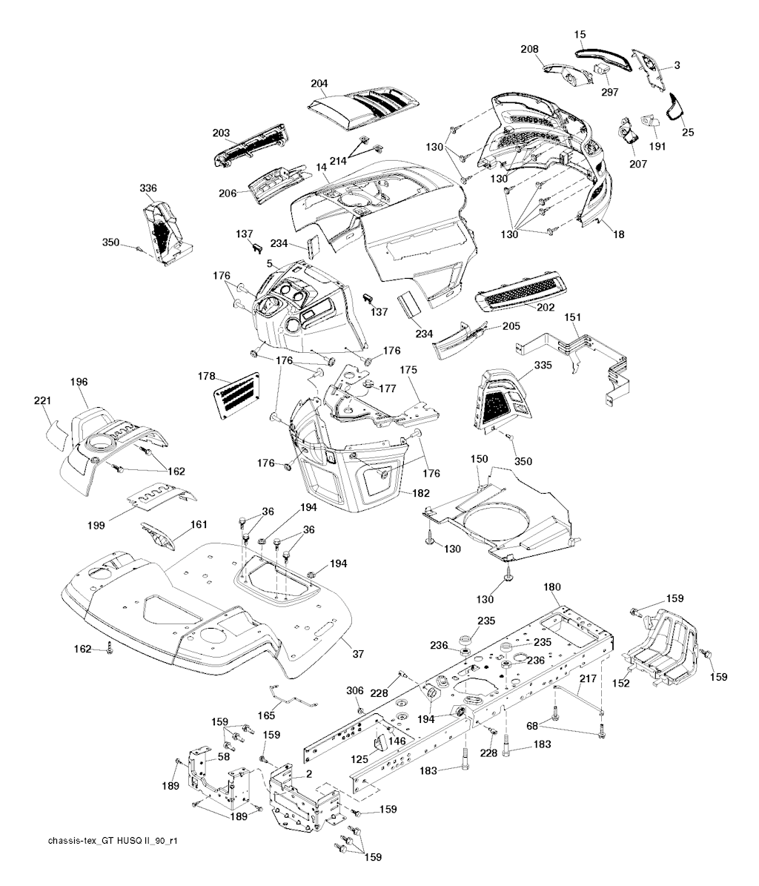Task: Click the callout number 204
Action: click(x=319, y=84)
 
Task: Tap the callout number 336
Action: click(x=148, y=188)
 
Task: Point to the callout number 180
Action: click(x=553, y=586)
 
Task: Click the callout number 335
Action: click(x=543, y=365)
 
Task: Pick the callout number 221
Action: click(x=42, y=401)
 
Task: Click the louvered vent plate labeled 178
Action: click(x=239, y=394)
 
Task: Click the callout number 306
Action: click(x=355, y=690)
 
